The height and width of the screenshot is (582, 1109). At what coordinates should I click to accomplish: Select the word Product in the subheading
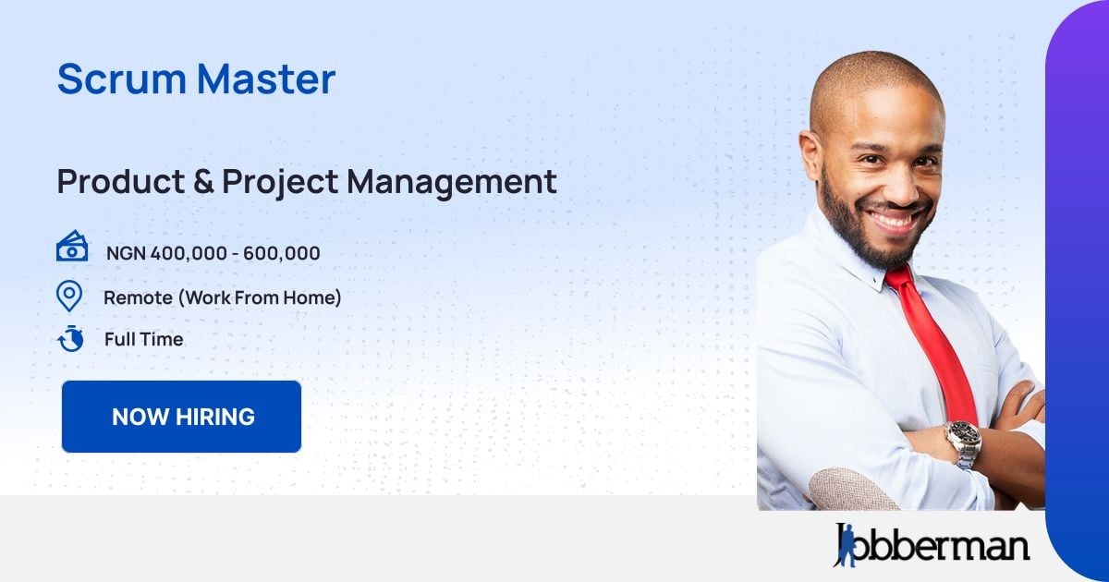pyautogui.click(x=120, y=181)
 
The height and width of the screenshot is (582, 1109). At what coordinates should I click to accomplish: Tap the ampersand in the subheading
pyautogui.click(x=203, y=181)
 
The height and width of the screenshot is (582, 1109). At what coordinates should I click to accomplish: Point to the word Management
pyautogui.click(x=452, y=182)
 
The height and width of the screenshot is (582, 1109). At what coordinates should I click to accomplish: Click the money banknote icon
pyautogui.click(x=72, y=248)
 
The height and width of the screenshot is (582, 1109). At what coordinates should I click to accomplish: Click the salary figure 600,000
pyautogui.click(x=282, y=253)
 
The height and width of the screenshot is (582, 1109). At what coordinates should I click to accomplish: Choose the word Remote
pyautogui.click(x=137, y=297)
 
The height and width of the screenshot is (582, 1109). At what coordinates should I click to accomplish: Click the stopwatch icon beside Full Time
pyautogui.click(x=71, y=339)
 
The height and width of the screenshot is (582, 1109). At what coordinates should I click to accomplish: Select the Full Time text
pyautogui.click(x=143, y=339)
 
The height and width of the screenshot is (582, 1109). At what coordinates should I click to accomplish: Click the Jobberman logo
pyautogui.click(x=931, y=545)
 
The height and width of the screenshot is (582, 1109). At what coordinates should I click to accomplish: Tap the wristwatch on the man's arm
pyautogui.click(x=962, y=443)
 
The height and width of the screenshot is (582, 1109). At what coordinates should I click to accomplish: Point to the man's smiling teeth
pyautogui.click(x=891, y=221)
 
